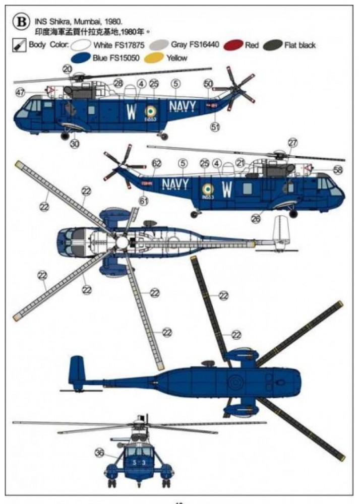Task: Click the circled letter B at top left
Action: point(21,23)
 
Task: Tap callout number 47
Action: point(20,92)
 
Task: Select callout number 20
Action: point(68,70)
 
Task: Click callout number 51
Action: point(215,127)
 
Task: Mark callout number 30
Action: point(75,144)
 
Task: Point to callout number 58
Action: point(337,170)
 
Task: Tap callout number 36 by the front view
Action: point(100,453)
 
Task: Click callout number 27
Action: point(293,143)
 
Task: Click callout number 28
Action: point(118,83)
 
